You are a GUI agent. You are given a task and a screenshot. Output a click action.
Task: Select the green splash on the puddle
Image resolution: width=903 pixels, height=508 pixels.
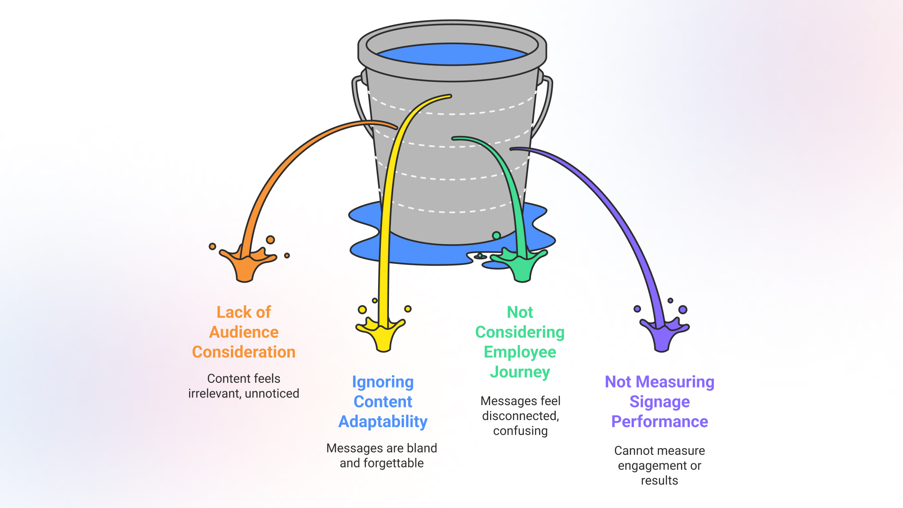coord(521,266)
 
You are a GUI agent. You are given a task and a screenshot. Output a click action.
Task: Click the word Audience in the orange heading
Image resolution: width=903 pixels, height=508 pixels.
coord(244,332)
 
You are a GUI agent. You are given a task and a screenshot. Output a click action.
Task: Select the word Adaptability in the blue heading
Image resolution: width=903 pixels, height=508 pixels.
coord(383,421)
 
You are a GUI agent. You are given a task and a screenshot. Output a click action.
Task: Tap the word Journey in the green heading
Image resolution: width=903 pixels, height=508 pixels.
coord(520,372)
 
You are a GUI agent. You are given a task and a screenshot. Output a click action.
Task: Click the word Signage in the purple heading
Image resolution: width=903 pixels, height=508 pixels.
coord(659,402)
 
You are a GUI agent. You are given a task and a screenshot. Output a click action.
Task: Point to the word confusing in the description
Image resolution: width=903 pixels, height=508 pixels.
coord(520,431)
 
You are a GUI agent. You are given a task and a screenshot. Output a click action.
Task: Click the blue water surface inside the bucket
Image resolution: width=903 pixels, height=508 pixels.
coord(451,54)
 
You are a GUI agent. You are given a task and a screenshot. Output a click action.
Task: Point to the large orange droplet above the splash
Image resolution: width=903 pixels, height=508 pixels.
coord(270,240)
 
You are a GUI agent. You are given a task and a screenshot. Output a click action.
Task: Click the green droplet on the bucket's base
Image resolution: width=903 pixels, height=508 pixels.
coord(496,235)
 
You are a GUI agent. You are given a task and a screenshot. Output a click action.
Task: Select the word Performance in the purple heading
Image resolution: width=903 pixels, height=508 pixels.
coord(659,421)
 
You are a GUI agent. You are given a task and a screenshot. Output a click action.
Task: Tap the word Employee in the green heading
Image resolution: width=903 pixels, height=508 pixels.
coord(520,352)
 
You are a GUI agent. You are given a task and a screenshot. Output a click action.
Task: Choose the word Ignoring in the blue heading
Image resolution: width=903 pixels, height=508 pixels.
coord(383,382)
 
